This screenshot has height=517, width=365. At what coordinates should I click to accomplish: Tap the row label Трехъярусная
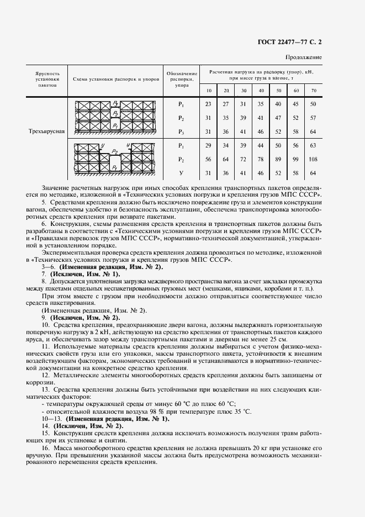click(x=47, y=131)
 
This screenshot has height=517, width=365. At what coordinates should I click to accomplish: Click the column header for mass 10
click(x=208, y=90)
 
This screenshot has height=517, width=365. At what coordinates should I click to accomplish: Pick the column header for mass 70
click(x=314, y=90)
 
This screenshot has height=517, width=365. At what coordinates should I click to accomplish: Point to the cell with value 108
click(x=314, y=160)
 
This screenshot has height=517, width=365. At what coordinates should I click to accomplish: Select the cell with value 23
click(x=208, y=104)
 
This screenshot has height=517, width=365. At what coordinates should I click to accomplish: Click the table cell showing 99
click(x=297, y=160)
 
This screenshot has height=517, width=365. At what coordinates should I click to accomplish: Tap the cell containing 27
click(x=226, y=104)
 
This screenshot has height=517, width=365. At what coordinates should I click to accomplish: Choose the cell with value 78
click(x=261, y=160)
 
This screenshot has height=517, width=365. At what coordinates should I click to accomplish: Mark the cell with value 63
click(x=314, y=146)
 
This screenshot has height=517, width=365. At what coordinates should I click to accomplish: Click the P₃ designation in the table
click(x=181, y=131)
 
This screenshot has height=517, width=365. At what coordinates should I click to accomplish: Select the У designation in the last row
click(x=181, y=173)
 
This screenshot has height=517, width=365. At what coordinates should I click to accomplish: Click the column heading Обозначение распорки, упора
click(x=181, y=80)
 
